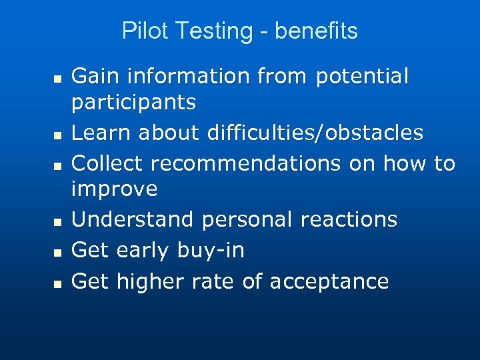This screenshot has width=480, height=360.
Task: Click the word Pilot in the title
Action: point(137,31)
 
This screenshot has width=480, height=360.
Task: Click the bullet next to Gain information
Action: point(58,79)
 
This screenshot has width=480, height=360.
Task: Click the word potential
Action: point(362,77)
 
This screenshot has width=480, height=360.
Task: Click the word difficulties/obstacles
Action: point(315,133)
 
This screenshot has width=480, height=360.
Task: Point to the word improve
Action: point(114,190)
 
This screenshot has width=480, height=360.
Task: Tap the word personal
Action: point(251,219)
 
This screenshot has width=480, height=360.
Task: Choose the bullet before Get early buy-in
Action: point(58,253)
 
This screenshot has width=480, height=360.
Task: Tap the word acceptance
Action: point(329,282)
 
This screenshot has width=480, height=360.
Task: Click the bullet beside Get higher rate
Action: point(58,284)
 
